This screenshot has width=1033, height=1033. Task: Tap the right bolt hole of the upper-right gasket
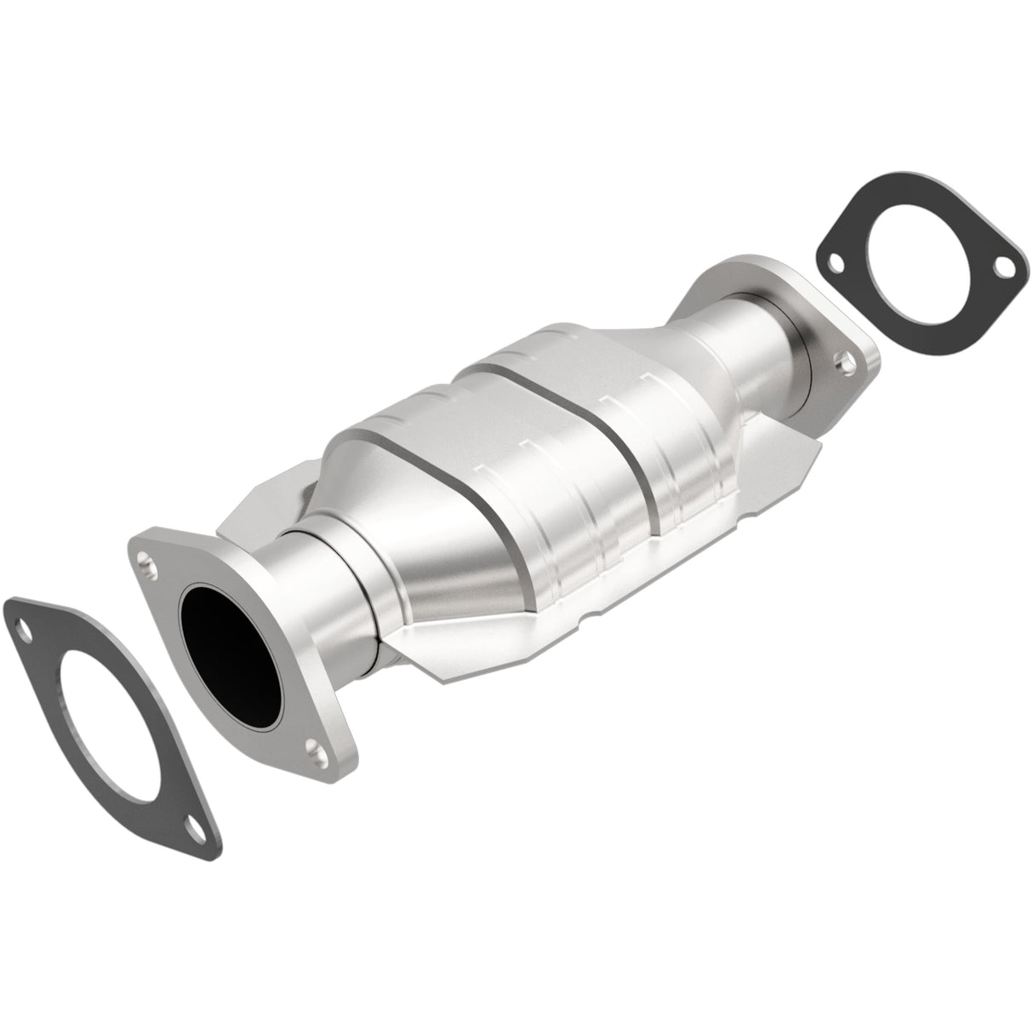[1007, 273]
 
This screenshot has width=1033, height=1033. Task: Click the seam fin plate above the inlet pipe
[255, 511]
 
